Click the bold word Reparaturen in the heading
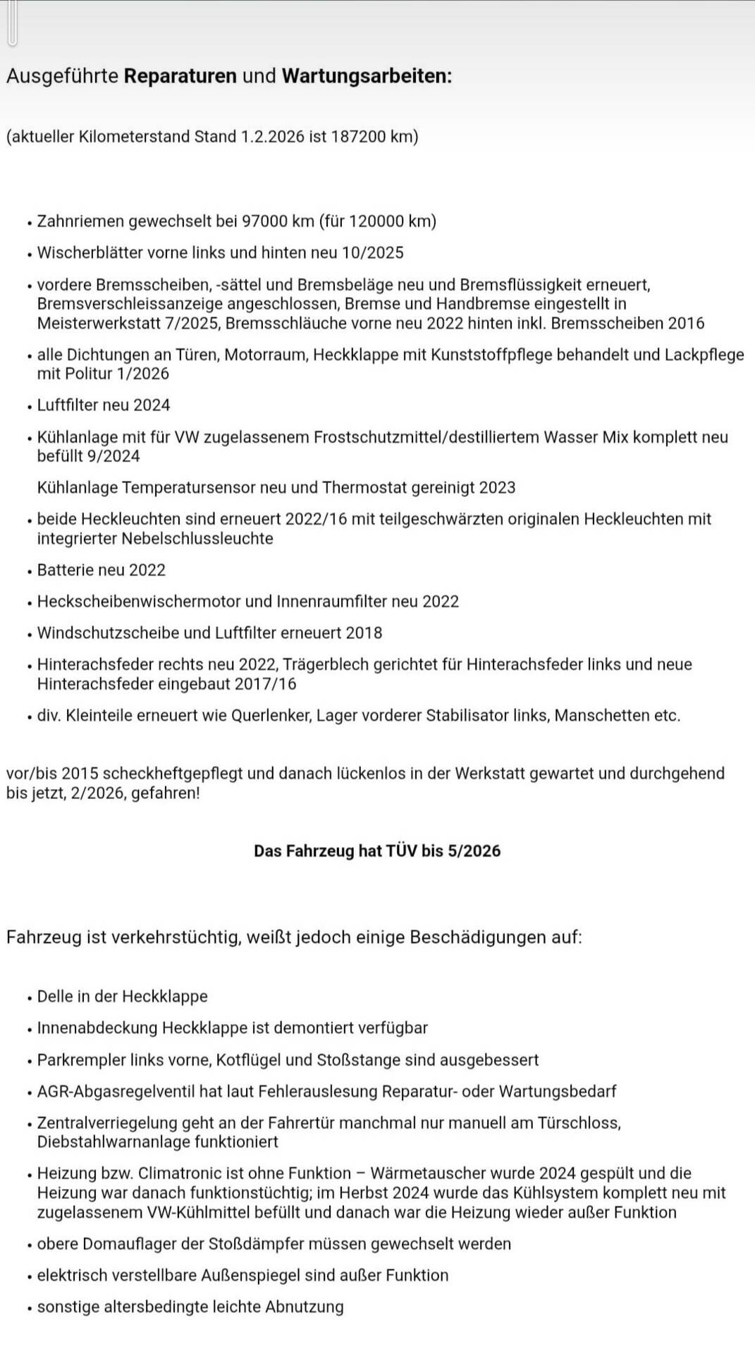pyautogui.click(x=180, y=76)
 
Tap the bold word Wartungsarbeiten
pyautogui.click(x=367, y=76)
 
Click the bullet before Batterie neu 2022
pyautogui.click(x=30, y=571)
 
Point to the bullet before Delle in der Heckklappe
pyautogui.click(x=30, y=998)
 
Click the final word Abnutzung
pyautogui.click(x=305, y=1307)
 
